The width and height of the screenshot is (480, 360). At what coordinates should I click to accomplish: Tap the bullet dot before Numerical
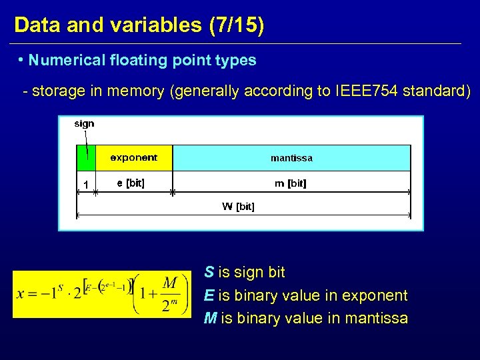(x=22, y=60)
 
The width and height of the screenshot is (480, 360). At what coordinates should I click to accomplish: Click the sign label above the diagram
(x=84, y=123)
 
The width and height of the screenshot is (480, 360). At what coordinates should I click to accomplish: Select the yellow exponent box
(x=134, y=158)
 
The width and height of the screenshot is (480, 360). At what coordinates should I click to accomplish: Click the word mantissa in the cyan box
(x=291, y=158)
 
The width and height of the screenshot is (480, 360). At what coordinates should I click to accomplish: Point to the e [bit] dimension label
(x=131, y=183)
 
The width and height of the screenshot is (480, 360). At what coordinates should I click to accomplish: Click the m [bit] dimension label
(x=291, y=183)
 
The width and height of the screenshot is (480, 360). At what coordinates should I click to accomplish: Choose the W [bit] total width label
(x=238, y=207)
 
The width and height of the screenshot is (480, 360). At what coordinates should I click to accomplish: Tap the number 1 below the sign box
(x=85, y=185)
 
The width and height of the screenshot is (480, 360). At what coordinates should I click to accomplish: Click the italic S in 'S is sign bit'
(x=209, y=273)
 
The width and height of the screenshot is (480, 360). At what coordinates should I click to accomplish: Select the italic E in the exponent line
(x=209, y=295)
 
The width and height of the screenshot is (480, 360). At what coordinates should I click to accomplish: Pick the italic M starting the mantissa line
(x=210, y=319)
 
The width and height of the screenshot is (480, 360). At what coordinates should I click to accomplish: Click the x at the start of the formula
(x=21, y=294)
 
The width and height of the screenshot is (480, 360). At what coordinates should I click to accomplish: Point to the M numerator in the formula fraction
(x=170, y=283)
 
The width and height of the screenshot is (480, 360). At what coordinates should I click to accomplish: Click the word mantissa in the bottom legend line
(x=376, y=319)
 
